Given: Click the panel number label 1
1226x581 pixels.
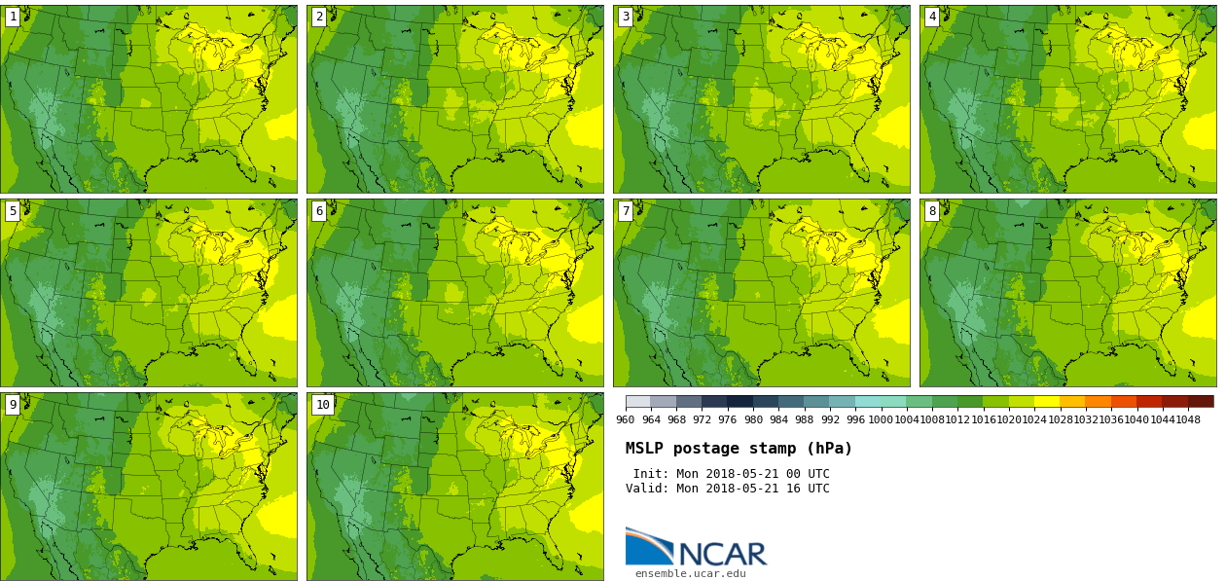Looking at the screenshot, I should pos(13,17).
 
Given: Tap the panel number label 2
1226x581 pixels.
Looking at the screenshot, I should pos(319,17).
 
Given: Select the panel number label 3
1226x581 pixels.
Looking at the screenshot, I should pos(626,17).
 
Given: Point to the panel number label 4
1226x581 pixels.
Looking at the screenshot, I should pos(932,17).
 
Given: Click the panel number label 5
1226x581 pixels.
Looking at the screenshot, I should pos(13,211).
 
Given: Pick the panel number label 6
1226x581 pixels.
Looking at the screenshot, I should pos(319,211).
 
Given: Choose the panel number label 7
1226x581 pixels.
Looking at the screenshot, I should pos(626,211).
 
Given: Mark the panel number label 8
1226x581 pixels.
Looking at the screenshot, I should pos(932,211).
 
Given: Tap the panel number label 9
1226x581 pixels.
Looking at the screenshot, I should pos(13,405).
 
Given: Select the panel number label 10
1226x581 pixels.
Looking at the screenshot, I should pos(323,405).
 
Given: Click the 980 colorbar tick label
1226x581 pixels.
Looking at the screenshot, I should pos(753,420).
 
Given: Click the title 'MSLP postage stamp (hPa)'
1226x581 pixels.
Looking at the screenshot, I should pos(739,449).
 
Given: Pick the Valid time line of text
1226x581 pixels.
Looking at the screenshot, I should pos(727,489).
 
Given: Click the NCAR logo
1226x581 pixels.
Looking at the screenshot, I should pos(696,548).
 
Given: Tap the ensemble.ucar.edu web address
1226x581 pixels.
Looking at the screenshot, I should pos(690,574).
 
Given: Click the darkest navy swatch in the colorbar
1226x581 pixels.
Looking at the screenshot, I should pos(739,401).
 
